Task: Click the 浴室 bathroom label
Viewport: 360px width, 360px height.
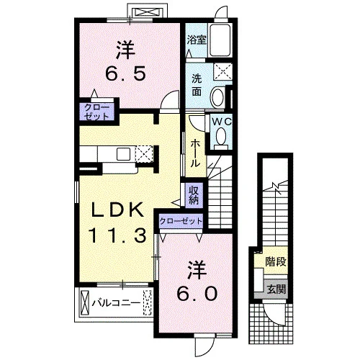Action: click(197, 40)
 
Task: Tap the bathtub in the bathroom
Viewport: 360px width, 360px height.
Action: click(220, 40)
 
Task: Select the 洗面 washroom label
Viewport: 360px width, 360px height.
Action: click(197, 85)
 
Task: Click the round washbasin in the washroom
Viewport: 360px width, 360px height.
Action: click(218, 96)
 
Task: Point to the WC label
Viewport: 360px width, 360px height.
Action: click(222, 122)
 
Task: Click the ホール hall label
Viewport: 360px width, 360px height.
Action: click(195, 153)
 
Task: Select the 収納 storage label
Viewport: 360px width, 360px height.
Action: click(194, 195)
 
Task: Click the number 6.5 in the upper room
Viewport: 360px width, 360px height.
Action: click(126, 73)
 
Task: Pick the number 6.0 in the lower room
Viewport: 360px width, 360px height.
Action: click(197, 294)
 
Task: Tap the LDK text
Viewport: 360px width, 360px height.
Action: click(117, 210)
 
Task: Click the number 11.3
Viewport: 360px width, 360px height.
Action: click(117, 235)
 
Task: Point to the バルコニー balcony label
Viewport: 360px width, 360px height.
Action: click(116, 303)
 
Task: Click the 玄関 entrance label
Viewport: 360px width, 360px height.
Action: click(276, 289)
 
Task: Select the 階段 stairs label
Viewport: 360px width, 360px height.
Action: click(276, 261)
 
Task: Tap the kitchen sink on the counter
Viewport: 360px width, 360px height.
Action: click(124, 154)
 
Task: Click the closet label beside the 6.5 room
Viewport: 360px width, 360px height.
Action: click(97, 112)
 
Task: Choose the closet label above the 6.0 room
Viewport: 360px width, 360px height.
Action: click(181, 220)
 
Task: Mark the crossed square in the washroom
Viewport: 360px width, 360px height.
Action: click(223, 71)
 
